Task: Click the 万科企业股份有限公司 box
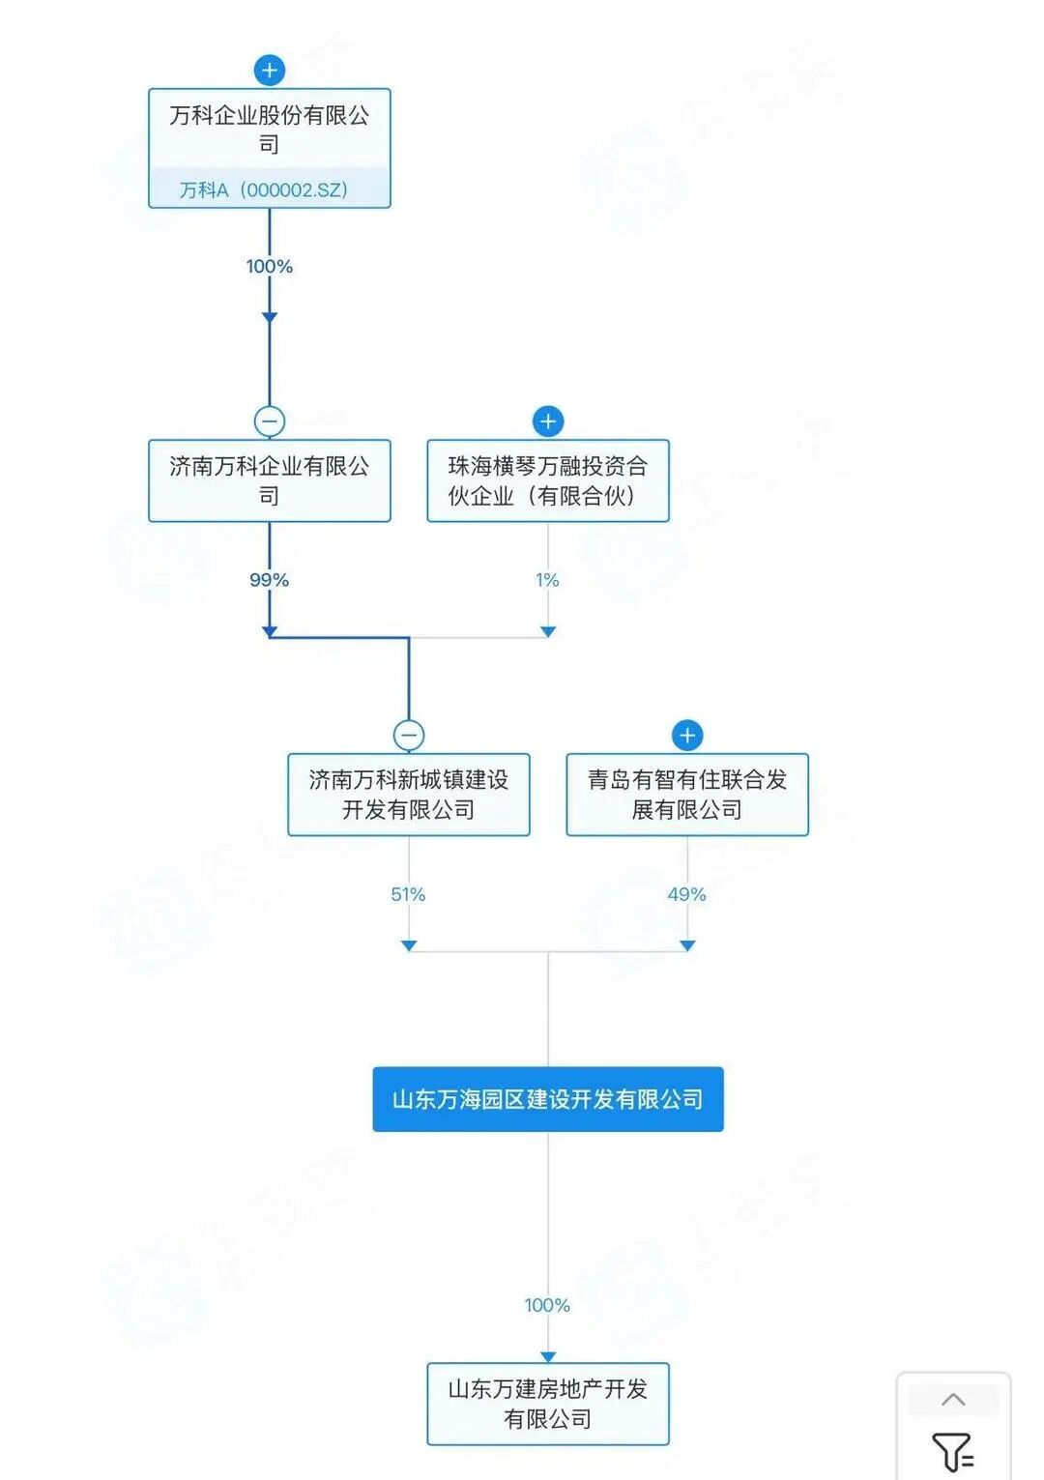click(x=269, y=130)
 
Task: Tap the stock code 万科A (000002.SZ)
click(x=264, y=189)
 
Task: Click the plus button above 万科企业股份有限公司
click(x=270, y=70)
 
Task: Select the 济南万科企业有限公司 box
click(x=269, y=480)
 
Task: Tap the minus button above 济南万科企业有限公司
click(x=270, y=421)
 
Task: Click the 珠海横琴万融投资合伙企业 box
click(x=547, y=480)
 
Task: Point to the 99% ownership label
click(x=269, y=580)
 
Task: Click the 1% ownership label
click(x=547, y=580)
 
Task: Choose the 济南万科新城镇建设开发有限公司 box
click(x=408, y=794)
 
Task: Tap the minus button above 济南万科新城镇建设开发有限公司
click(x=409, y=735)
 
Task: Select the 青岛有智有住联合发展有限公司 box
click(x=686, y=794)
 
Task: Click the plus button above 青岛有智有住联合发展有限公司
click(x=687, y=735)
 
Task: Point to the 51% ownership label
click(x=408, y=894)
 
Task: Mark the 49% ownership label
click(x=686, y=894)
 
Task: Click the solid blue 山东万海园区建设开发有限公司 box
click(x=547, y=1099)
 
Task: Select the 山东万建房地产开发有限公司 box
click(x=547, y=1404)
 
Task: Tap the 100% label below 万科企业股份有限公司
click(x=269, y=266)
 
